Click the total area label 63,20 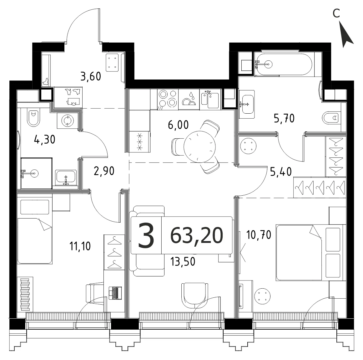click(x=197, y=235)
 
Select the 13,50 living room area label click(x=183, y=262)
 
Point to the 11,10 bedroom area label click(x=80, y=246)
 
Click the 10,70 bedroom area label click(x=259, y=235)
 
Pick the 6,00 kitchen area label click(x=178, y=125)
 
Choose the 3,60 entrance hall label click(x=91, y=76)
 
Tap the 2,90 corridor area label click(x=104, y=171)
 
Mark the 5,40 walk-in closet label click(x=281, y=172)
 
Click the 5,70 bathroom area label click(x=284, y=118)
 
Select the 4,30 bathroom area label click(x=44, y=140)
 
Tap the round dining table click(x=199, y=147)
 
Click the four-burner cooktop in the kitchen click(x=168, y=100)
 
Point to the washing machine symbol click(x=67, y=121)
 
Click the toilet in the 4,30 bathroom click(x=34, y=117)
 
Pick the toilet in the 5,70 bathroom click(x=331, y=118)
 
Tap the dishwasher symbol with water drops click(x=189, y=100)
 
